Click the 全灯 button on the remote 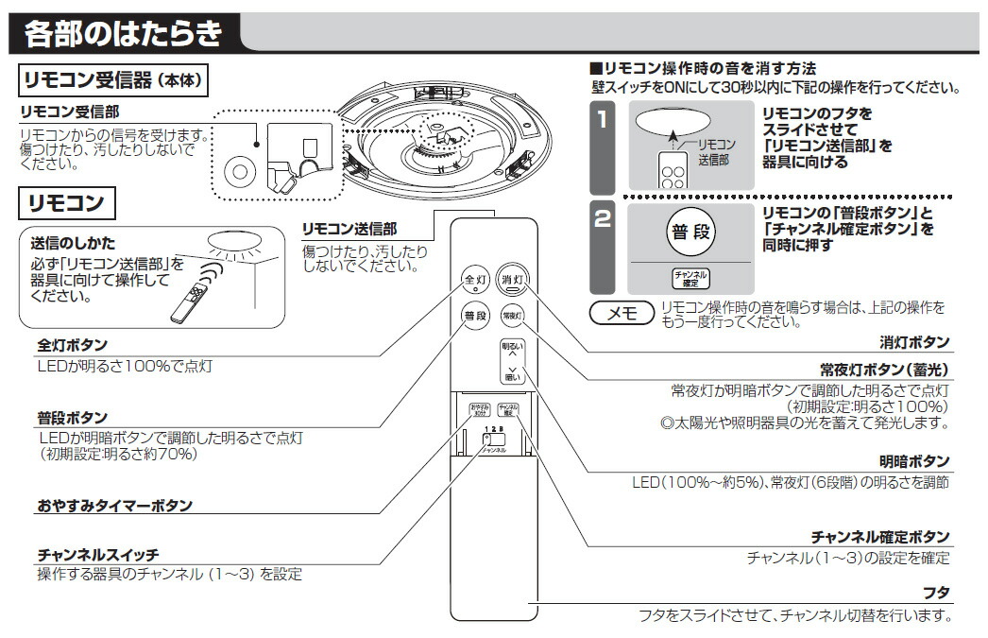coord(474,280)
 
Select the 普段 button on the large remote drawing coord(474,316)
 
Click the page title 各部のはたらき coord(123,34)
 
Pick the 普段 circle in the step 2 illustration coord(692,231)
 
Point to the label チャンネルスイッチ coord(98,555)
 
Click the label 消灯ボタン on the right coord(913,342)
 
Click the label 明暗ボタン coord(913,461)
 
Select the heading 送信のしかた coord(74,244)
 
